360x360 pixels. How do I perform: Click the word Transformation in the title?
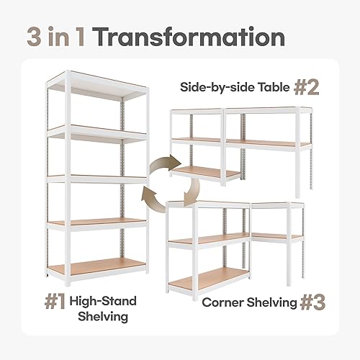coord(188,37)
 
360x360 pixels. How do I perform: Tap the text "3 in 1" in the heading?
coord(58,37)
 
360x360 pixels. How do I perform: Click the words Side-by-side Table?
coord(233,89)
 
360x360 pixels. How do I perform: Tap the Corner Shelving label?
coord(248,303)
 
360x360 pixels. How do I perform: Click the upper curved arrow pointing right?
coord(161,168)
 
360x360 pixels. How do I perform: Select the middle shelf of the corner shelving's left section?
coord(209,238)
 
